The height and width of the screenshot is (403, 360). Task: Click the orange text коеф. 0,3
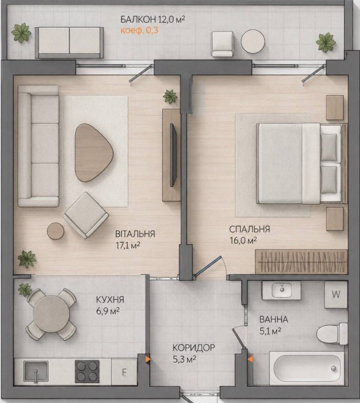tap(139, 31)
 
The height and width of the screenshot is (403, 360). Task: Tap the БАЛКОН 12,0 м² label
tap(153, 19)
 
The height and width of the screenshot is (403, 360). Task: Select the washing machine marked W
tap(336, 295)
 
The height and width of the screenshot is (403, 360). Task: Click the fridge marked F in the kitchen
tap(124, 372)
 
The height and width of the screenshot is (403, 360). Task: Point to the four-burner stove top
tap(87, 371)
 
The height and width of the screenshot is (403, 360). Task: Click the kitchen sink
tap(35, 372)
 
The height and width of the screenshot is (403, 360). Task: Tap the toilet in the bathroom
tap(332, 334)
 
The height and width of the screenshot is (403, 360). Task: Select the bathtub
tap(307, 368)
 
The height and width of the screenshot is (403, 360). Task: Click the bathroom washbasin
tap(281, 290)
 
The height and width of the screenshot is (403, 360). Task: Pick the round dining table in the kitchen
tap(51, 314)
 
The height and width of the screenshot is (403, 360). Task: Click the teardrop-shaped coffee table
tap(94, 153)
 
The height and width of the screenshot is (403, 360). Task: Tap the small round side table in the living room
tap(55, 231)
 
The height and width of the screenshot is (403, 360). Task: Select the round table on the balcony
tap(253, 42)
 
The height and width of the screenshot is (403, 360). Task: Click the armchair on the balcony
tap(222, 44)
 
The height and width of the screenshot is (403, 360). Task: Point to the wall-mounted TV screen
tap(173, 155)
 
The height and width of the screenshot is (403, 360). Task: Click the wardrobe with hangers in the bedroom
tap(301, 262)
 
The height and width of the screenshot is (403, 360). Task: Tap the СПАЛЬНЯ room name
tap(249, 229)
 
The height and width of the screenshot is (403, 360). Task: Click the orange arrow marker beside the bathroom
tap(251, 359)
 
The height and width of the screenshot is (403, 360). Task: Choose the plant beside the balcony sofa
tap(21, 32)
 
